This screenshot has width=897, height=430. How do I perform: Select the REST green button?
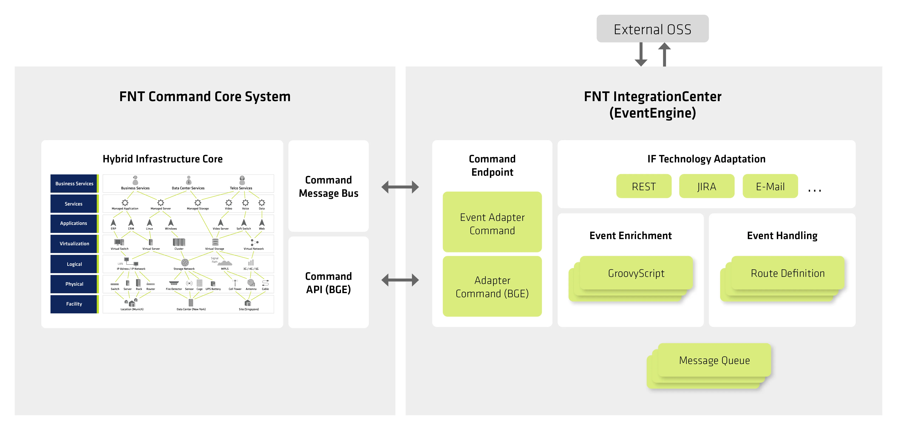click(643, 186)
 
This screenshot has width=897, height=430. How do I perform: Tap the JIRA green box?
click(707, 186)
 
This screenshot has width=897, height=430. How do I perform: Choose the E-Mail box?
click(770, 186)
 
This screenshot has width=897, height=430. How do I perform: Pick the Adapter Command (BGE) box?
click(492, 287)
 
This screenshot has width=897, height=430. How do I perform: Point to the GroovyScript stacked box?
click(636, 273)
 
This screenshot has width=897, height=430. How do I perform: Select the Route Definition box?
click(787, 273)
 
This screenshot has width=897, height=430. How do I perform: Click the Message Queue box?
click(714, 360)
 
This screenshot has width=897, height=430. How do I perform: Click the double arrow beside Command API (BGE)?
click(400, 280)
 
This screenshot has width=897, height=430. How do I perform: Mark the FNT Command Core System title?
click(205, 97)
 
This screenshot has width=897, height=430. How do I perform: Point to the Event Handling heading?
click(782, 236)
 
